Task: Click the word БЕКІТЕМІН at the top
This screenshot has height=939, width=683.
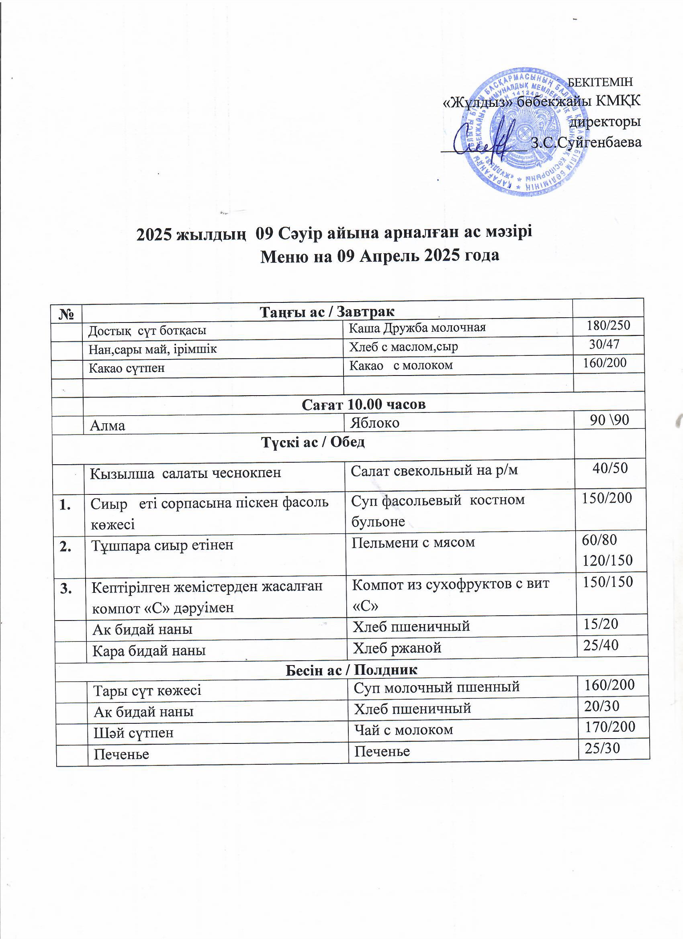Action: pyautogui.click(x=600, y=82)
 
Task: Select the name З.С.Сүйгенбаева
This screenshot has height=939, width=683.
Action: pyautogui.click(x=586, y=143)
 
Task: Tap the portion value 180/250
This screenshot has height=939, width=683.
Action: pyautogui.click(x=608, y=325)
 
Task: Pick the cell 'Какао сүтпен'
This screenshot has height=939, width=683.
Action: pyautogui.click(x=127, y=367)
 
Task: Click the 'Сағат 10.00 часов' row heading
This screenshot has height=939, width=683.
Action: pyautogui.click(x=363, y=404)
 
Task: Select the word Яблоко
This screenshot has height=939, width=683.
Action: pyautogui.click(x=374, y=423)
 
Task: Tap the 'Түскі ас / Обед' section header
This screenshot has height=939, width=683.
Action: pyautogui.click(x=313, y=442)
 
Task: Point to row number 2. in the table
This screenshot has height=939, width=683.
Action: pyautogui.click(x=65, y=547)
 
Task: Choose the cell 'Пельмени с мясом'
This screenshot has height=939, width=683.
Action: pyautogui.click(x=413, y=542)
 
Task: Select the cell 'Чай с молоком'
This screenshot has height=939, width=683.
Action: pyautogui.click(x=403, y=729)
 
